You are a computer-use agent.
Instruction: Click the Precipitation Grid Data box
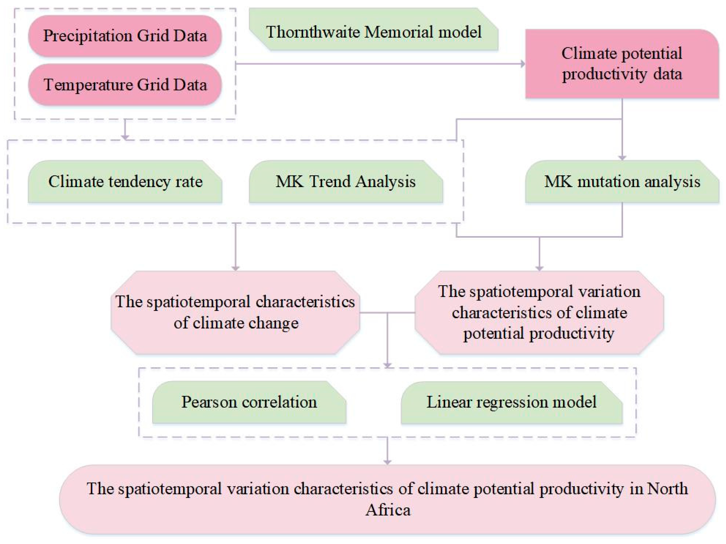(x=125, y=36)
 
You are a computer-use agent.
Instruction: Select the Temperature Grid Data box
(x=125, y=85)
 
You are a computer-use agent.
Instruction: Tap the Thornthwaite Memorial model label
(x=374, y=29)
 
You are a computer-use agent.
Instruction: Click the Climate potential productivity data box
(x=622, y=64)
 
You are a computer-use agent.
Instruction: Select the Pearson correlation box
(x=249, y=402)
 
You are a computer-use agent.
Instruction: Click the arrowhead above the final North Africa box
(x=388, y=462)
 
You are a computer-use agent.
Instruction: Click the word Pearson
(x=209, y=402)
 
